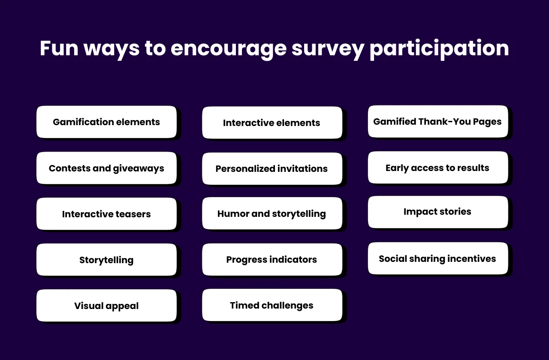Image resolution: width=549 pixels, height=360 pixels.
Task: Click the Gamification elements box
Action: click(106, 122)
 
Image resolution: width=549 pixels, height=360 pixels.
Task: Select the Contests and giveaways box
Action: click(106, 168)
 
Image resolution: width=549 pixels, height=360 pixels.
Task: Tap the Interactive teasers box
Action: click(106, 214)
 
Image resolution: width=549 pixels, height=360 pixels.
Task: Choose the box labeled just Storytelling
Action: click(106, 260)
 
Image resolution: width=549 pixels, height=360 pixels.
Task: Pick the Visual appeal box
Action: click(106, 306)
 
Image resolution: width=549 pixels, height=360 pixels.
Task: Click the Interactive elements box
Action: click(272, 123)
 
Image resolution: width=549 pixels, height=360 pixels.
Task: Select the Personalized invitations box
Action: click(272, 169)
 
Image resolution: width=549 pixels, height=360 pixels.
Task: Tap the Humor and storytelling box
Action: click(272, 213)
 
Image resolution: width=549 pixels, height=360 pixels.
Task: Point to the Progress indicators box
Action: click(272, 259)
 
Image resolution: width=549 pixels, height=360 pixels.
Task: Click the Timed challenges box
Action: click(272, 305)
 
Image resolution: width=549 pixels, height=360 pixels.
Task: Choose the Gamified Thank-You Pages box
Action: click(437, 122)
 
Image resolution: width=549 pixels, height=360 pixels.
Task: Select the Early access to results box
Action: click(437, 168)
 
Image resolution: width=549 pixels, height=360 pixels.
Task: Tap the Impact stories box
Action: click(437, 212)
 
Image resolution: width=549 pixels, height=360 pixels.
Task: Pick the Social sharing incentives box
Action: click(437, 258)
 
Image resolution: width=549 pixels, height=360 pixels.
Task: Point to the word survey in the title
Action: click(328, 48)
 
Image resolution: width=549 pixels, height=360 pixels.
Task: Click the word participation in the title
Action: click(439, 48)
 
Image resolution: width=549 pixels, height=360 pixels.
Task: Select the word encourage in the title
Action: click(228, 48)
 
